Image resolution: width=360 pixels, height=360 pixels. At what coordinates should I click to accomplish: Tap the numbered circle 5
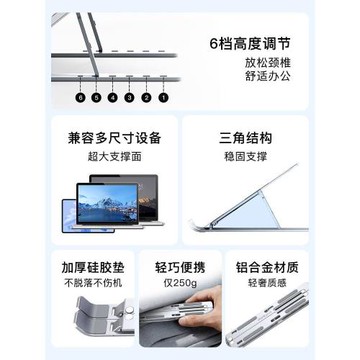coord(96,99)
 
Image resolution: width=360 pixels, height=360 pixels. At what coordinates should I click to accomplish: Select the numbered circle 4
coord(113,99)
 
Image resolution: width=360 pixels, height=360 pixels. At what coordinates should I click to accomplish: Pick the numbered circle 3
coord(131,99)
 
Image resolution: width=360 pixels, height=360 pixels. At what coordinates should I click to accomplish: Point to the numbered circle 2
coord(148,99)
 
